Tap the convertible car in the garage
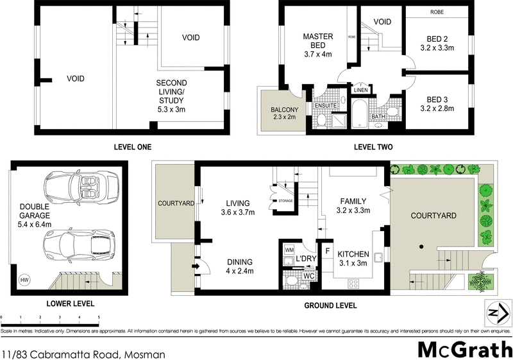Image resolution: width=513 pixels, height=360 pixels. (x=78, y=189)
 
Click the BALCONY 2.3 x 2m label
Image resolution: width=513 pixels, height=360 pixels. (x=280, y=113)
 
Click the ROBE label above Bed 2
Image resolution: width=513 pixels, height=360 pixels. (x=436, y=12)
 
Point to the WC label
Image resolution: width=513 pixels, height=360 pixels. (x=308, y=277)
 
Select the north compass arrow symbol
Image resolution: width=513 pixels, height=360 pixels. (x=494, y=313)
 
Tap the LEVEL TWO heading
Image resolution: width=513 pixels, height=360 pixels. (x=373, y=147)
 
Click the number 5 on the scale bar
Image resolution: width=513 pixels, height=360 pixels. (x=99, y=318)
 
